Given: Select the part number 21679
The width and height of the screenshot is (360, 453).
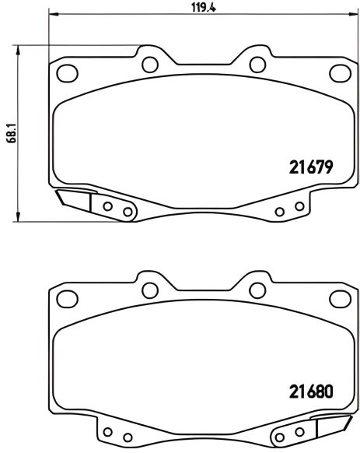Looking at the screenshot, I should click(310, 167).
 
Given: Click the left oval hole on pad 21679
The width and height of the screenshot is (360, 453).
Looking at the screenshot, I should click(68, 73).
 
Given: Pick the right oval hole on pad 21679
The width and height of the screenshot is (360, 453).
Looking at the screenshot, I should click(339, 73).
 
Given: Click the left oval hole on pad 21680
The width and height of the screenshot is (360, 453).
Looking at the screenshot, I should click(68, 299).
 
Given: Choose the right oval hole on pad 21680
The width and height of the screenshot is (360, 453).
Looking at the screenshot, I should click(339, 299).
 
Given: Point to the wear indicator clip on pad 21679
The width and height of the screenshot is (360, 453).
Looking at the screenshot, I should click(74, 200).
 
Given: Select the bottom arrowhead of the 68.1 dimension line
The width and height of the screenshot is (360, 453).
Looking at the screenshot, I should click(17, 216).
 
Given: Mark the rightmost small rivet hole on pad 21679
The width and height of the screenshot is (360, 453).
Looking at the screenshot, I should click(298, 207).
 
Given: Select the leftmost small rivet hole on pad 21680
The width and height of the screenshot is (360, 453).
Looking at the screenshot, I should click(108, 433).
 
